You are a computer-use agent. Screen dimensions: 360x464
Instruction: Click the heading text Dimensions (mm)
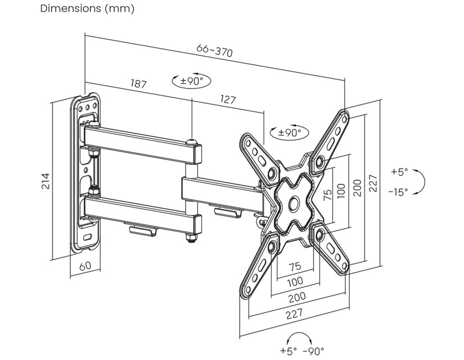tap(87, 9)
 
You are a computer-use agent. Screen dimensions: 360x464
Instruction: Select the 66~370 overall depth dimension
tap(214, 51)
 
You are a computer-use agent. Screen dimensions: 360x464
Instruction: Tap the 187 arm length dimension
tap(138, 84)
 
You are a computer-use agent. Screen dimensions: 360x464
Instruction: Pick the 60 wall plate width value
tap(85, 265)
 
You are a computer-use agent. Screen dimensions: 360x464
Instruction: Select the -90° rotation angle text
tap(314, 350)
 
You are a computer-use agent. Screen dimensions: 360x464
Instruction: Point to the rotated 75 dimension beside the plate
tap(328, 194)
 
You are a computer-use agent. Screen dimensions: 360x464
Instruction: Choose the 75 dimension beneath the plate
tap(295, 266)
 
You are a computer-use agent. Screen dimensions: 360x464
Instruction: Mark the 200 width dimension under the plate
tap(297, 297)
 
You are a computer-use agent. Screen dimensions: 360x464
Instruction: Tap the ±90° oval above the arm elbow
tap(191, 81)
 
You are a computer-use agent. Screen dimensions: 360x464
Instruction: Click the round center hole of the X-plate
tap(294, 201)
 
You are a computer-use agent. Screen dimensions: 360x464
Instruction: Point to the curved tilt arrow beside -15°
tap(420, 182)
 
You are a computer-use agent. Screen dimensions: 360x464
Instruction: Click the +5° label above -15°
tap(399, 171)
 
